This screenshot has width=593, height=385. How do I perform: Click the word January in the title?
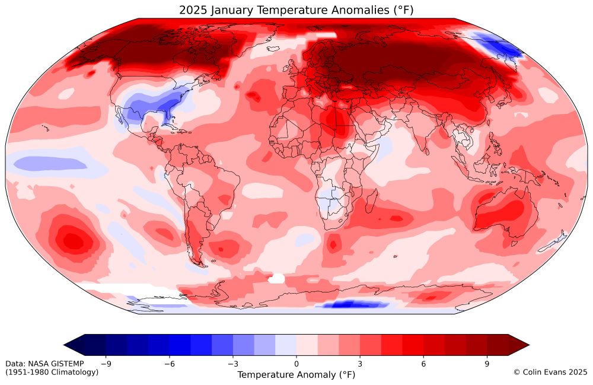[231, 9]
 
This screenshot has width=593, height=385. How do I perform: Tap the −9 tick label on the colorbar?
[106, 364]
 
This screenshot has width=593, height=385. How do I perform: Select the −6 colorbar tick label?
[169, 364]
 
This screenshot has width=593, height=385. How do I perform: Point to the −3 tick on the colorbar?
[232, 364]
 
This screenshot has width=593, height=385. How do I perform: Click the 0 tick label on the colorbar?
[296, 364]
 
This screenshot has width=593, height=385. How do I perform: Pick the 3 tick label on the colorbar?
[360, 364]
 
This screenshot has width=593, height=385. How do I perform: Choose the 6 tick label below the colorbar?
[423, 364]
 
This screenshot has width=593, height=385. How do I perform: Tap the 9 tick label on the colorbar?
[487, 364]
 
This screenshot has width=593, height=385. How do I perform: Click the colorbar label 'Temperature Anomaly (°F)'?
[296, 375]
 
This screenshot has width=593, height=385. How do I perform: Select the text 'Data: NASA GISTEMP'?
[44, 363]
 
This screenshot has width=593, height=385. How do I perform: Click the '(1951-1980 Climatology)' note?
[52, 372]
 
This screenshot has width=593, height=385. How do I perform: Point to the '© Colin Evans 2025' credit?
[550, 372]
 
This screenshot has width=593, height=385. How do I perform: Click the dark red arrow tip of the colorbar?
[519, 344]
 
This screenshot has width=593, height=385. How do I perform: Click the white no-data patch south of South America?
[276, 278]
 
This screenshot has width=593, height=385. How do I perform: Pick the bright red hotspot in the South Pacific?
[72, 240]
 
